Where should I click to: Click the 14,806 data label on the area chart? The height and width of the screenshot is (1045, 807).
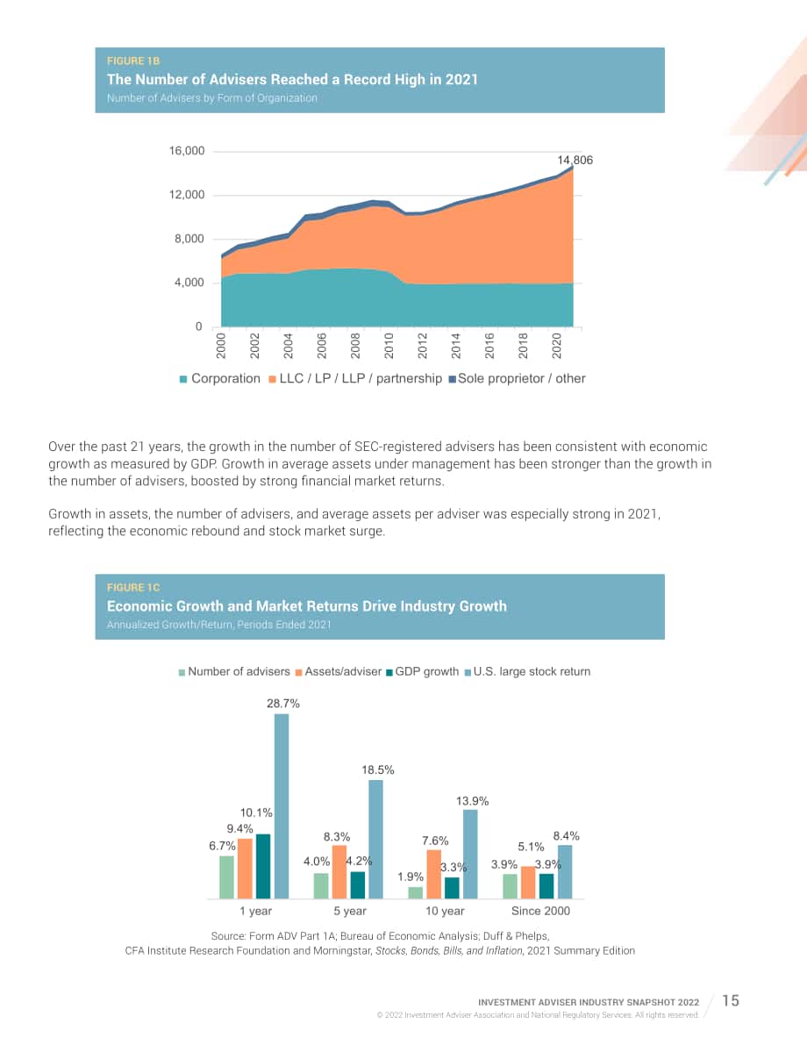(575, 160)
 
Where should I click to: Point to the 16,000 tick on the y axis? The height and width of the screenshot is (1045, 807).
(187, 151)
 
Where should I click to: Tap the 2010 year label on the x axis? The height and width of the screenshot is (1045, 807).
(389, 346)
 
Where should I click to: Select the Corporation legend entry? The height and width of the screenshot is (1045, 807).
(220, 378)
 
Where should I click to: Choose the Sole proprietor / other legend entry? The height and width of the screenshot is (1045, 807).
(518, 378)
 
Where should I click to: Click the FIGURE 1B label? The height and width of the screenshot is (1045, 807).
(133, 61)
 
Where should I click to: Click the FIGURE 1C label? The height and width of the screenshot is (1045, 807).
(133, 587)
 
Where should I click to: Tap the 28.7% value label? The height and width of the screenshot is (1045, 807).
(283, 703)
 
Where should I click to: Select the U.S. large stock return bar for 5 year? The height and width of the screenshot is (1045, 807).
(375, 839)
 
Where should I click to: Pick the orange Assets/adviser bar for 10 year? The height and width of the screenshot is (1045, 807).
(434, 874)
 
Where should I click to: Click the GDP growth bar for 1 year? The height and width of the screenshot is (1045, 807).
(263, 866)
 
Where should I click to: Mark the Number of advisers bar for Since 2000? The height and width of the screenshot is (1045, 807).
(510, 885)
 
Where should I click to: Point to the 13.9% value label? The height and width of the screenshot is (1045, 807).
(473, 801)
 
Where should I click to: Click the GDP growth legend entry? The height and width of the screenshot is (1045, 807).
(423, 671)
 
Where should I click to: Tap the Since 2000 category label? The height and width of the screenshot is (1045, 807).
(540, 911)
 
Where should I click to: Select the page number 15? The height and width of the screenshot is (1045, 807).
(731, 1000)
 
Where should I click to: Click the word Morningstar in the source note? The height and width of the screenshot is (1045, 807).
(339, 951)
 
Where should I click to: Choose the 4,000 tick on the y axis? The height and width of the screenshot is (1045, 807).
(189, 283)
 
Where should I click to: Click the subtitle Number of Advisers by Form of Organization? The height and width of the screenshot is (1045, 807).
(212, 98)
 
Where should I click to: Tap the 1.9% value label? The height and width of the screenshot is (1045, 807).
(411, 877)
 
